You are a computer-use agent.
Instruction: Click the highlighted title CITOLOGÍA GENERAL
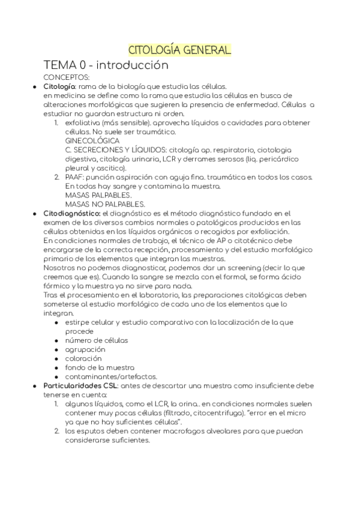[180, 50]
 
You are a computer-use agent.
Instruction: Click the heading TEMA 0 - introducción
[106, 65]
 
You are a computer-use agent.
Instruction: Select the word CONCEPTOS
[67, 77]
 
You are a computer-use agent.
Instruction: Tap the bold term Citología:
[59, 86]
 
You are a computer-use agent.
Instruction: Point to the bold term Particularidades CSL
[80, 385]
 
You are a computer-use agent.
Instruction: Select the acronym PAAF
[74, 177]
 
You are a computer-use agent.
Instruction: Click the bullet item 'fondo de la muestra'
[100, 367]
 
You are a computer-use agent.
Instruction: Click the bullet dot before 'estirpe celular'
[56, 322]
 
